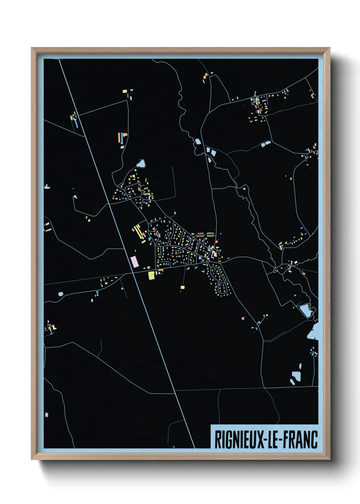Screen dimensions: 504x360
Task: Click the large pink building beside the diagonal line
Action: [135, 262]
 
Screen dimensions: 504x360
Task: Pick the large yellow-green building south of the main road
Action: [151, 275]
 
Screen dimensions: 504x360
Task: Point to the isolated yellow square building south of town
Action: [182, 287]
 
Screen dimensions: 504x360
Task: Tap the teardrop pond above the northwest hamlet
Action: [141, 164]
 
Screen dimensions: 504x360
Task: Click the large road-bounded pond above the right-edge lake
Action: [305, 310]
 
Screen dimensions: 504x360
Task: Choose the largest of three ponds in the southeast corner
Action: [296, 376]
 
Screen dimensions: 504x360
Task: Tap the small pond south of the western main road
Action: [61, 294]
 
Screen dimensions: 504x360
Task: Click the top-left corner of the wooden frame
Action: [32, 48]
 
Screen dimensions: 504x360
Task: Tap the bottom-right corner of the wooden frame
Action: [329, 459]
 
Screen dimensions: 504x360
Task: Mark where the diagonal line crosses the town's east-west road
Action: [132, 273]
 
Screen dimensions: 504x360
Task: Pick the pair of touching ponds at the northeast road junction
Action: [265, 144]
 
